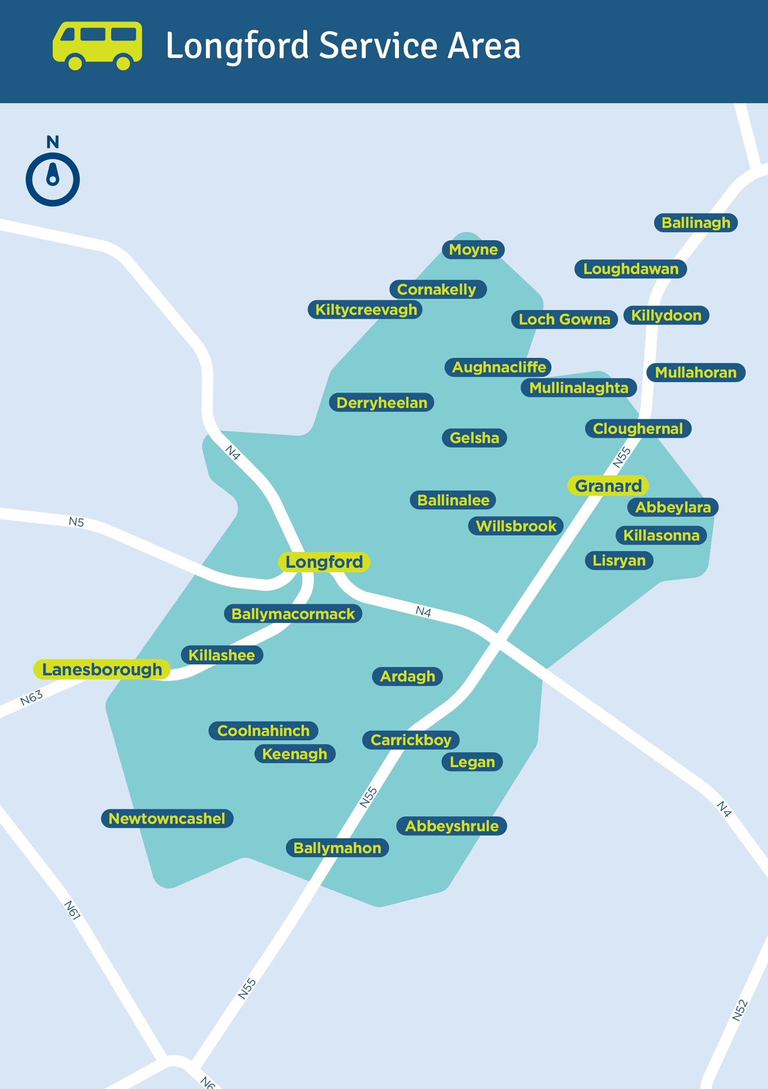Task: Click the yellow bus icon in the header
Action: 97,46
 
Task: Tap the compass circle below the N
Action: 53,179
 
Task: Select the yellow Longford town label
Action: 324,562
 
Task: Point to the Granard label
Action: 608,486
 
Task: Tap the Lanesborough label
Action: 102,669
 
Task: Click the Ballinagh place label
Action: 696,223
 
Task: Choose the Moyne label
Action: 473,249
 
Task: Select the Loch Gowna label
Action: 565,319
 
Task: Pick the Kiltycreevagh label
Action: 366,310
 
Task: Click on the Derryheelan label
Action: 382,403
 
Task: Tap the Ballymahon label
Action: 337,847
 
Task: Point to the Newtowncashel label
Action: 167,818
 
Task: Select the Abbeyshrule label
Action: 451,826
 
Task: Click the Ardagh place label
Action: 407,676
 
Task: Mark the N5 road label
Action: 76,522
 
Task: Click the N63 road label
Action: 31,698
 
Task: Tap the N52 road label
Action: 739,1010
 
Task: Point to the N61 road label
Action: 72,910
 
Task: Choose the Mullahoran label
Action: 696,372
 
